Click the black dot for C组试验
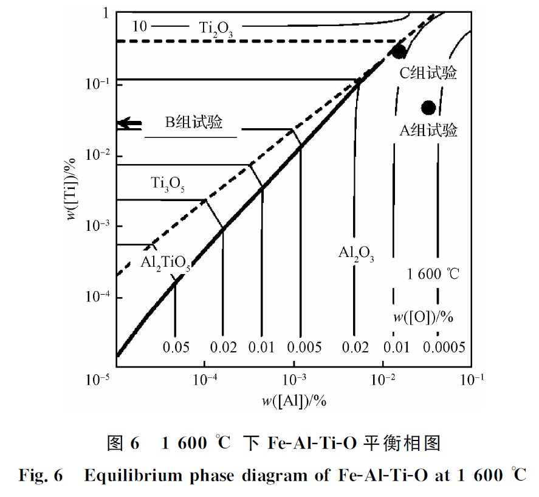click(x=399, y=51)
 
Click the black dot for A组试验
click(x=428, y=108)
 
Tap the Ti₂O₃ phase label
click(x=215, y=28)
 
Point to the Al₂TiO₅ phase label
click(x=165, y=263)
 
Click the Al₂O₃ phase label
click(x=356, y=254)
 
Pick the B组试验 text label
click(x=194, y=122)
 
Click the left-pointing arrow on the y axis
click(x=128, y=123)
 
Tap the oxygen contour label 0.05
click(x=176, y=347)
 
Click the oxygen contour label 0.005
click(x=301, y=347)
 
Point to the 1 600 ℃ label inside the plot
click(x=433, y=274)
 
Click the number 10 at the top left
click(x=140, y=26)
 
